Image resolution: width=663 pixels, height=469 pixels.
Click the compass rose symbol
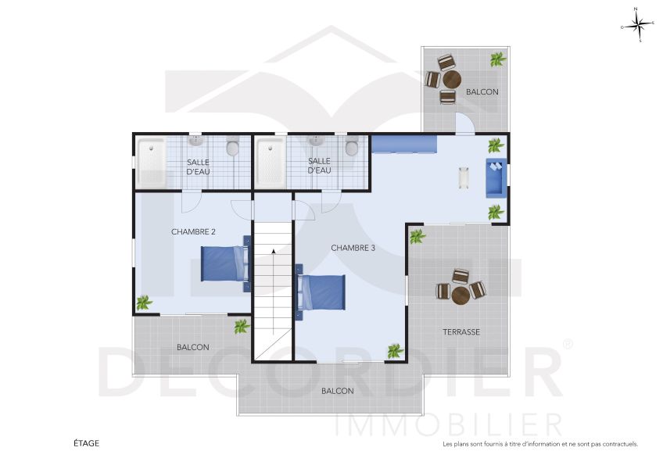636,26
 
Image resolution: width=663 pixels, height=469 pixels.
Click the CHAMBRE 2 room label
193,231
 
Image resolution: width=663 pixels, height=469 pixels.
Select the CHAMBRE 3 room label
353,248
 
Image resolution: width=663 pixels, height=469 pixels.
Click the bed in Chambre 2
225,264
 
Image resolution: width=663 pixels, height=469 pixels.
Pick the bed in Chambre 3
322,292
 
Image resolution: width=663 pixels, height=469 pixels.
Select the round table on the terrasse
461,293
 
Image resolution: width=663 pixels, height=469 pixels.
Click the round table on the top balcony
451,80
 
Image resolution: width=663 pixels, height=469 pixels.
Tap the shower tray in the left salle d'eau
151,163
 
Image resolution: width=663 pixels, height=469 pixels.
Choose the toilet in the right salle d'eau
352,146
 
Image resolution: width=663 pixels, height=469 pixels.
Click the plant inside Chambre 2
143,302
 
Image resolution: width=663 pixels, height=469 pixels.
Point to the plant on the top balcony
497,59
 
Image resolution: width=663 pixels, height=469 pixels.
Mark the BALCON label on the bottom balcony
337,391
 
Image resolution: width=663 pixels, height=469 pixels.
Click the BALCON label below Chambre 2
192,347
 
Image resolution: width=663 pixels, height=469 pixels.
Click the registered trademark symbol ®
568,343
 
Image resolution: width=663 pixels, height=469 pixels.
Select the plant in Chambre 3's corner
396,351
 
